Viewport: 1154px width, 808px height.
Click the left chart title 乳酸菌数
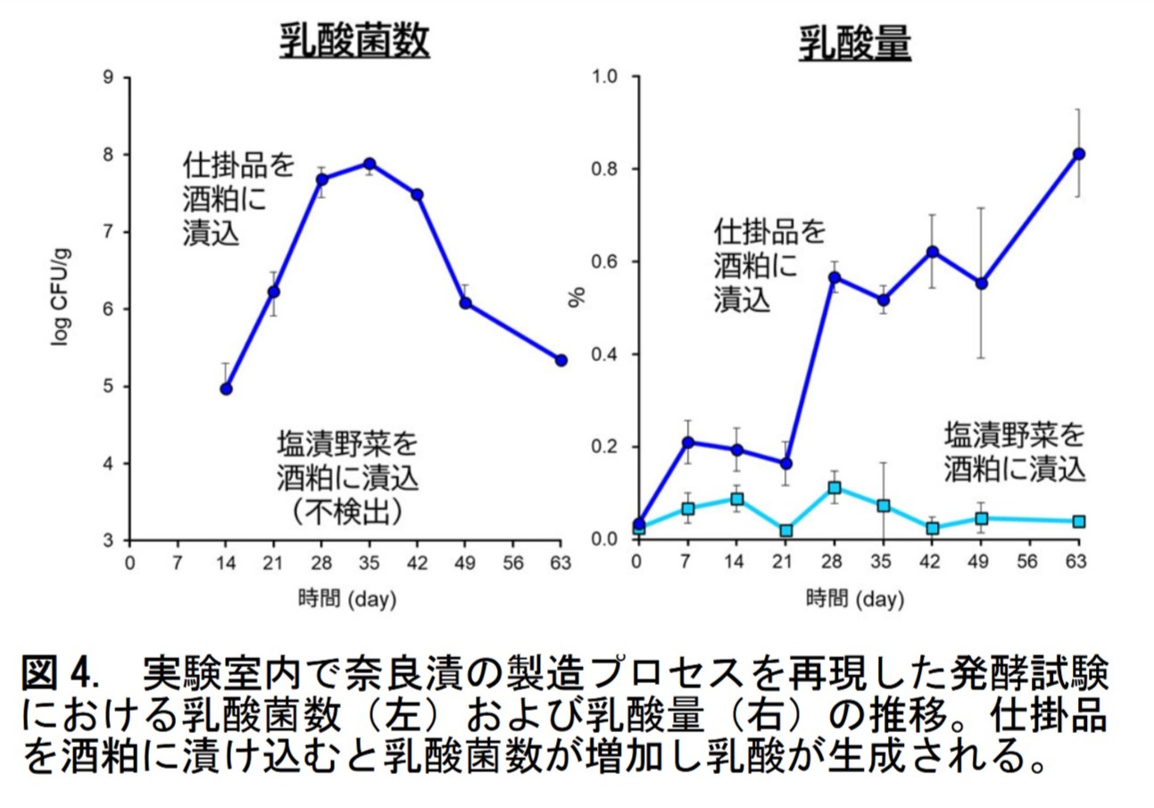(x=354, y=42)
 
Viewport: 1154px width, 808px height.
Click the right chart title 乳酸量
(x=855, y=42)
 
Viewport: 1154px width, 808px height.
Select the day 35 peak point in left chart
(x=369, y=164)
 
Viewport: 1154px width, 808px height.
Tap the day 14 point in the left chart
(x=226, y=389)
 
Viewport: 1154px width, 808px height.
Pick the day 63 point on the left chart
(x=560, y=360)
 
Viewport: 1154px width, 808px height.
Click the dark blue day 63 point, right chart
(x=1078, y=153)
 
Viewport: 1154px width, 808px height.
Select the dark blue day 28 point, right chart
(x=834, y=277)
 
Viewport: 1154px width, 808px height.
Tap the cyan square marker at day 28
(x=834, y=488)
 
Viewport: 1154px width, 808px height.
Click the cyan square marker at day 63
(x=1078, y=521)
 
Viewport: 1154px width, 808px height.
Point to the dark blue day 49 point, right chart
(x=981, y=284)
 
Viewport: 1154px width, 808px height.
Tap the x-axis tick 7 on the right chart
(x=686, y=563)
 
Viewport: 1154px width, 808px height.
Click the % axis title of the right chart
(x=577, y=298)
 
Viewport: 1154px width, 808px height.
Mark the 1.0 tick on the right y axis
(x=605, y=78)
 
